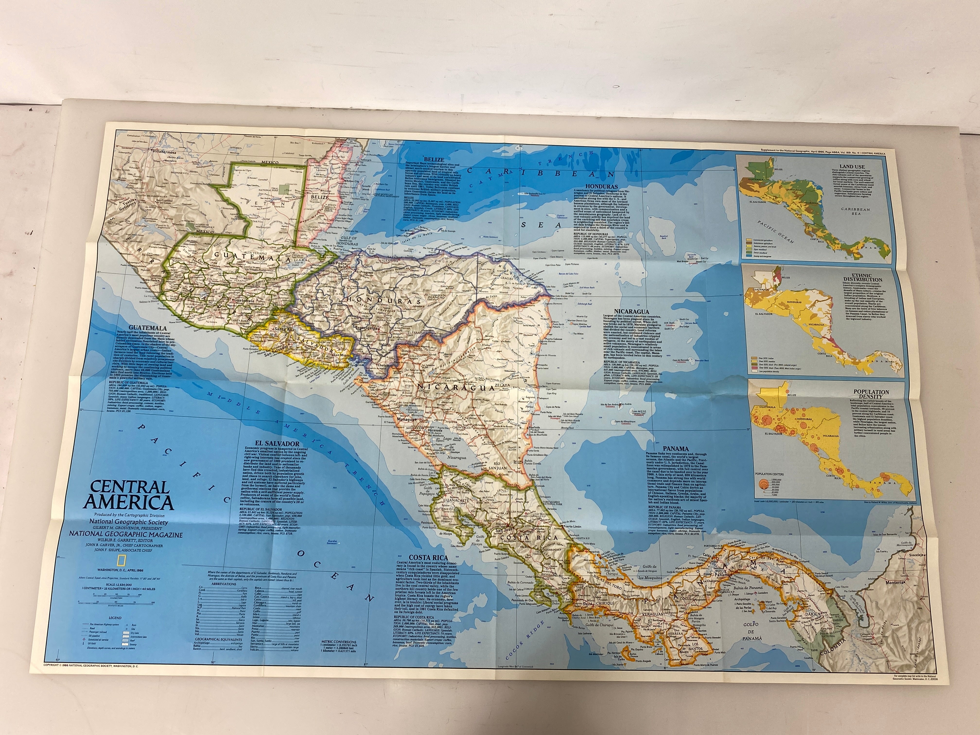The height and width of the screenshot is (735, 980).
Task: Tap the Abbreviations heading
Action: point(224,584)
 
